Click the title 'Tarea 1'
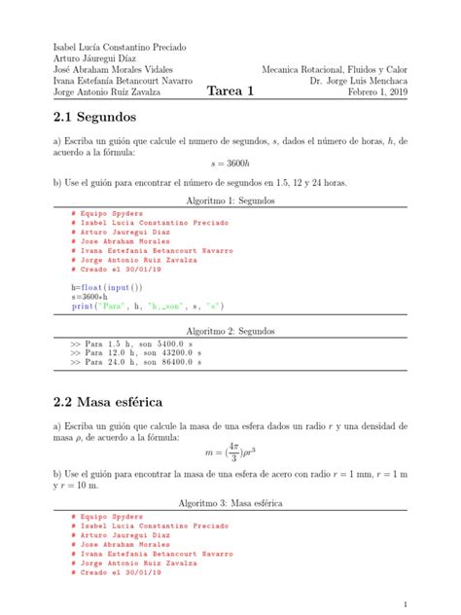pyautogui.click(x=230, y=92)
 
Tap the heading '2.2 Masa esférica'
pyautogui.click(x=109, y=402)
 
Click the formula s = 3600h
pyautogui.click(x=230, y=166)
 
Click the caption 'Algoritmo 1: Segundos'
pyautogui.click(x=230, y=200)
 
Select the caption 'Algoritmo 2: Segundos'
pyautogui.click(x=230, y=331)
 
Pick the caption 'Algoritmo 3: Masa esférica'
pyautogui.click(x=230, y=504)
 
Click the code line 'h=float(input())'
pyautogui.click(x=107, y=288)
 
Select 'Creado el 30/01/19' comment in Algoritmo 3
pyautogui.click(x=121, y=572)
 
